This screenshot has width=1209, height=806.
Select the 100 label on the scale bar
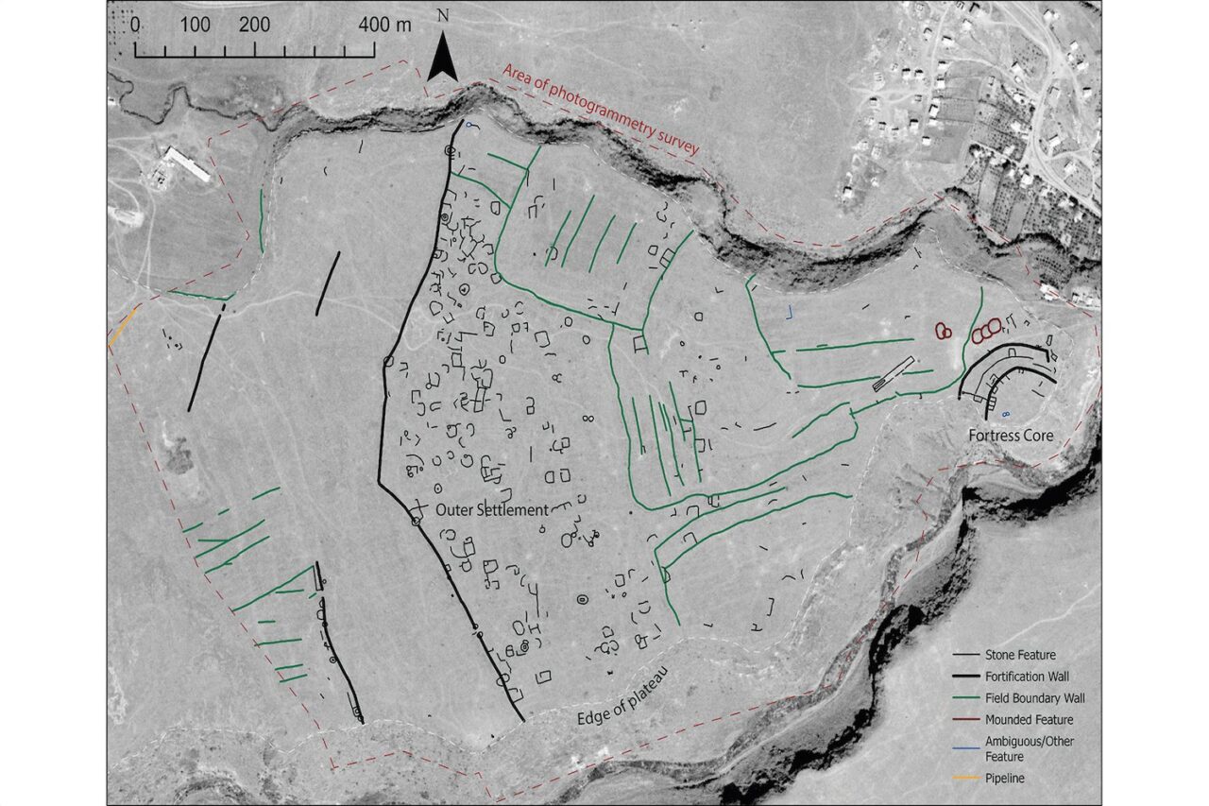tap(196, 25)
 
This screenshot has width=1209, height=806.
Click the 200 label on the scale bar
tap(255, 25)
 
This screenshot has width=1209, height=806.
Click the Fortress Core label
tap(1010, 437)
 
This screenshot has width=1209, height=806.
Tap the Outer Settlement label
tap(491, 509)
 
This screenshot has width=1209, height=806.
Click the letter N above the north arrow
tap(443, 16)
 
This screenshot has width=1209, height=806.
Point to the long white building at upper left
tap(186, 163)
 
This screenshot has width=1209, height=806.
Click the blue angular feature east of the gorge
tap(791, 311)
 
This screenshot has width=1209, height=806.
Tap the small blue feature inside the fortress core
tap(1004, 414)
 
